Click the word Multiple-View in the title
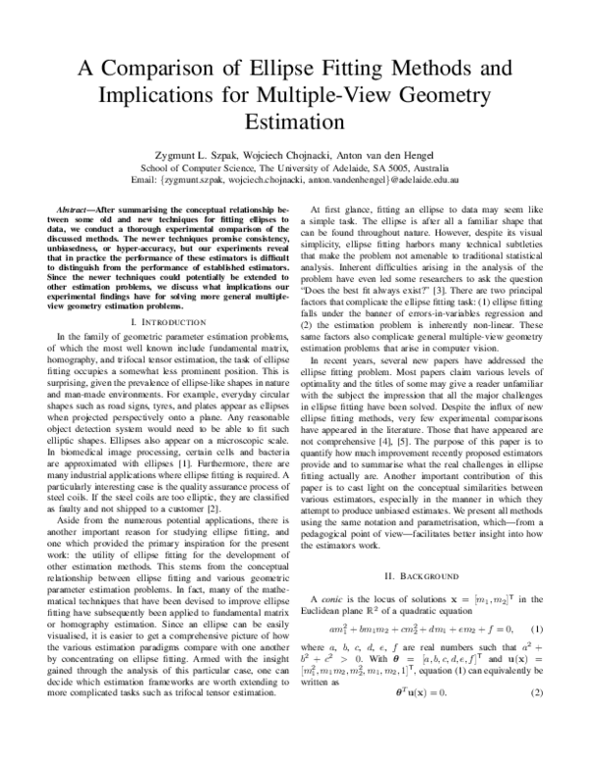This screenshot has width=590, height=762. pyautogui.click(x=388, y=98)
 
